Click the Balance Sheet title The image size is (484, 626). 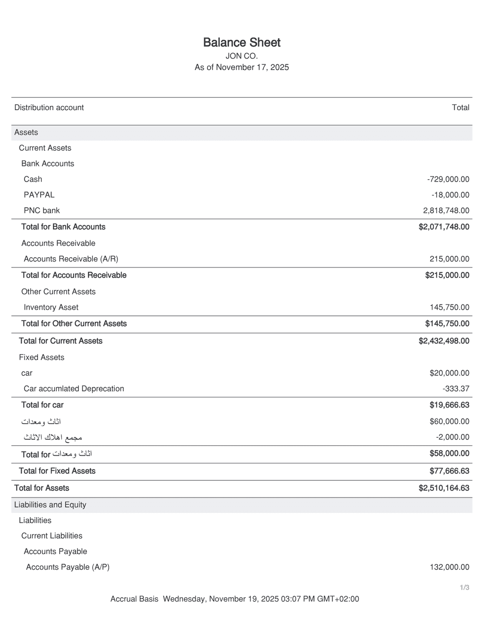coord(242,43)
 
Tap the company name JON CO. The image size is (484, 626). coord(242,56)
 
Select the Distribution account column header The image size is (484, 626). coord(49,107)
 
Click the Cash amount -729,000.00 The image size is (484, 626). coord(448,179)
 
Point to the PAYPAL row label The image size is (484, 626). coord(39,195)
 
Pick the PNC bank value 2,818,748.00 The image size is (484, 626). coord(446,210)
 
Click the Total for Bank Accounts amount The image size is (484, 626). coord(444,227)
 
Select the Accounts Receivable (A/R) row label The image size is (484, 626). coord(71,259)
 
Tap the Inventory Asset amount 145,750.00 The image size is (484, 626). coord(449,307)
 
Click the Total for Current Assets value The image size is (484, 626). coord(444,341)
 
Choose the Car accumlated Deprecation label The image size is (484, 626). coord(74,389)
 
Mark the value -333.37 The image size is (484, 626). coord(456,389)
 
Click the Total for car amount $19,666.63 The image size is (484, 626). coord(449,405)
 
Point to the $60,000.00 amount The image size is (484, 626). coord(449,421)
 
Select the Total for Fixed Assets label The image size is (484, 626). coord(57,471)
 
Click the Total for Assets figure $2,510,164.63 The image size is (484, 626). coord(444,488)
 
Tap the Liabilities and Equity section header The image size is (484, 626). coord(50,504)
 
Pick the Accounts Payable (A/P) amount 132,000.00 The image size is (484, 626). coord(449,567)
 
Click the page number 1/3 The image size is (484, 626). coord(465,588)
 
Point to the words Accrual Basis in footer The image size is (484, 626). coord(134,599)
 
